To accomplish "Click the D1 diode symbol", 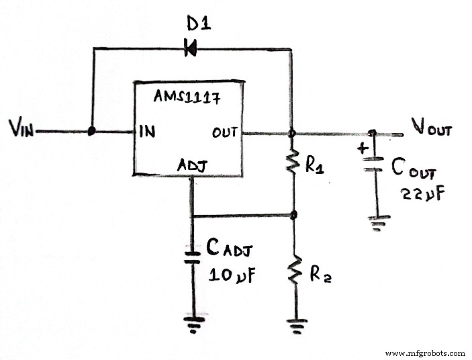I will [191, 48].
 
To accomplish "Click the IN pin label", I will [148, 132].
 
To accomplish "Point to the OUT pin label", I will [226, 132].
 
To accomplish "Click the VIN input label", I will [22, 128].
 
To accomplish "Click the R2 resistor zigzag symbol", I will [293, 271].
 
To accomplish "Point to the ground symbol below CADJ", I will [193, 324].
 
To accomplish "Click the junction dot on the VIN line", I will [91, 132].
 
